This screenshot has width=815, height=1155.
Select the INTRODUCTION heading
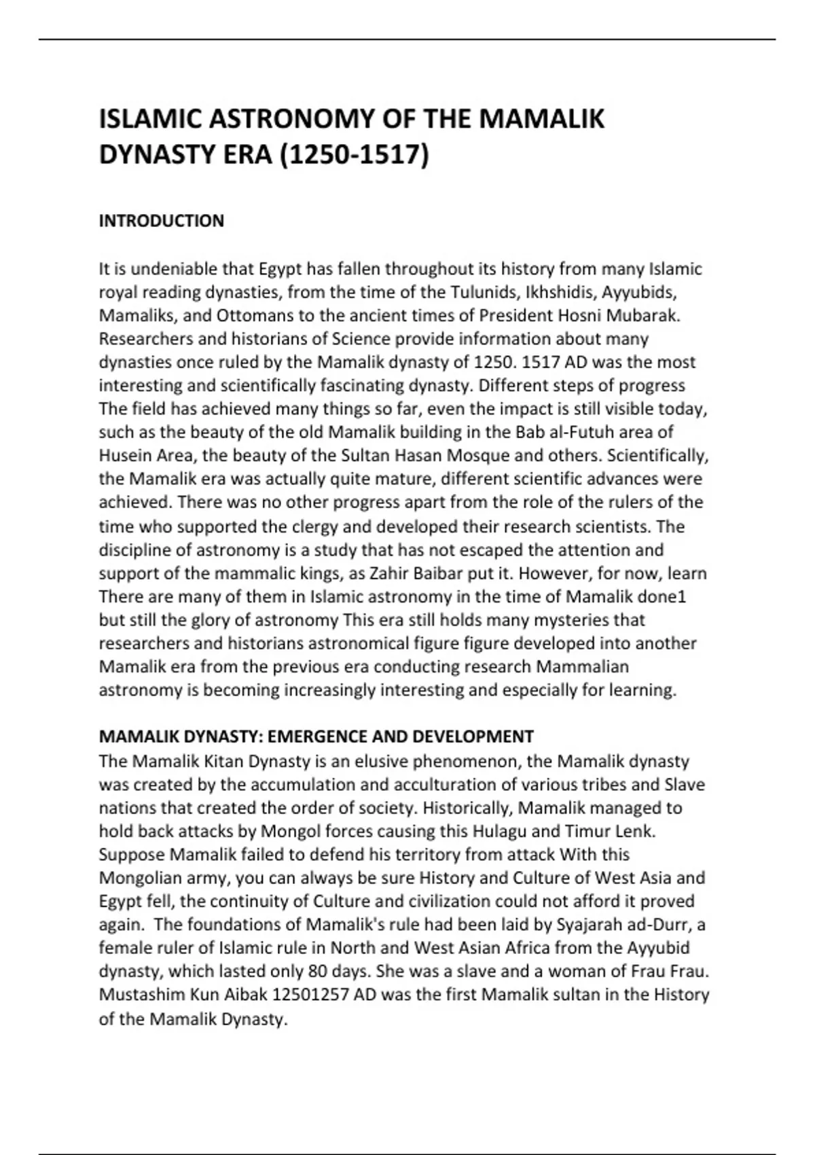(162, 221)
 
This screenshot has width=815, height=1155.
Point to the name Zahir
(391, 573)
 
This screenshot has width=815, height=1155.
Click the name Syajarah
(586, 925)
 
